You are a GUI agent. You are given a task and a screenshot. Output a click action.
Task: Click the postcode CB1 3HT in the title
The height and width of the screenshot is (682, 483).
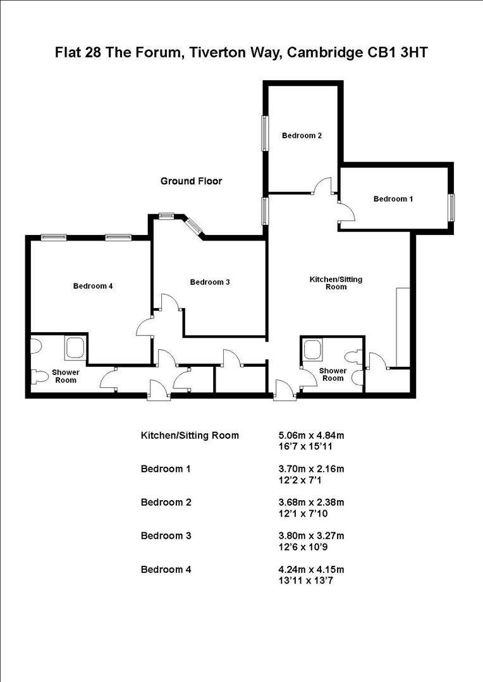399,52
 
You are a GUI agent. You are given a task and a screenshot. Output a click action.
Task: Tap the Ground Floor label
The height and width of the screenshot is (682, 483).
191,181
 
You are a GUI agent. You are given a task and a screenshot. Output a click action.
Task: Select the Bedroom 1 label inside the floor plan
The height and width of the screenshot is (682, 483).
393,199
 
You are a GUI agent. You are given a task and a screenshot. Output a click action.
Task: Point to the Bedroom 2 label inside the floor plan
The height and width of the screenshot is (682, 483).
302,135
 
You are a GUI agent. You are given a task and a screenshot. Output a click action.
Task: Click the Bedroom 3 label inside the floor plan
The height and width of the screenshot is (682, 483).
210,282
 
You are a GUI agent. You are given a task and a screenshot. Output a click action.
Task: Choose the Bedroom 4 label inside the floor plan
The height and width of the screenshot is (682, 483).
93,285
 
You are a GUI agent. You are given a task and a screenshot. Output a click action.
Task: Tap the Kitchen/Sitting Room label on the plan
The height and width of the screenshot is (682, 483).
336,282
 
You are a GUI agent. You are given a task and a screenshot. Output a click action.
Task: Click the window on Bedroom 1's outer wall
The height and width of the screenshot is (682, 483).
452,208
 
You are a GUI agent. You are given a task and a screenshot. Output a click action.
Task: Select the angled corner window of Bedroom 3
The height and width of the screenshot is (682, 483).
193,226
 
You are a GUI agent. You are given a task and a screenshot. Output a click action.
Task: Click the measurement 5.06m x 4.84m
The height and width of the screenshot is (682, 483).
310,435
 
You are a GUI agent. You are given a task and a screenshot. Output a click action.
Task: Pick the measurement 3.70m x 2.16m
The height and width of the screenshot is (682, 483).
310,469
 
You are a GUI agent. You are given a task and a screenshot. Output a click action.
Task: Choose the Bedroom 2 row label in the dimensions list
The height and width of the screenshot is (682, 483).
166,502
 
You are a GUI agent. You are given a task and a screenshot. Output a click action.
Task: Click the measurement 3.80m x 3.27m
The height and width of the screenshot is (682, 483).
310,535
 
